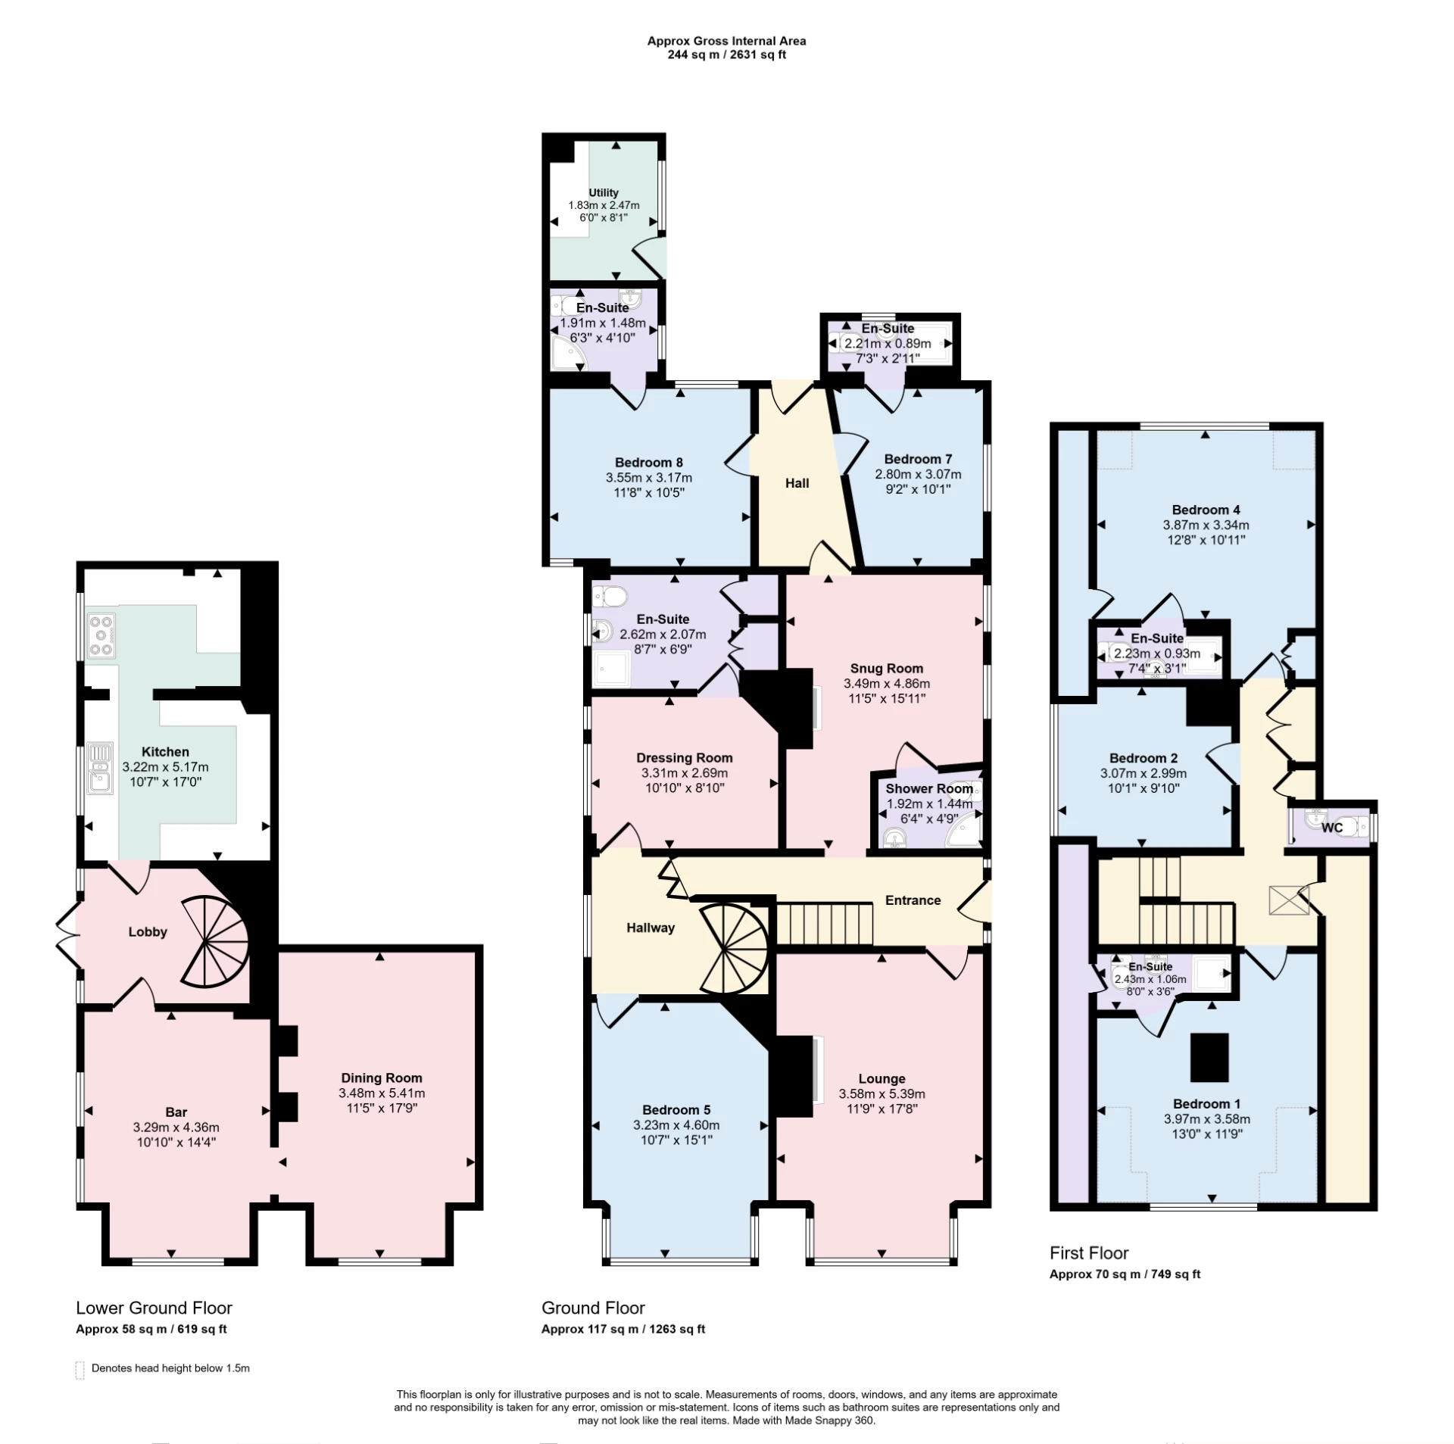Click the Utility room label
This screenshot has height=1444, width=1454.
click(x=604, y=192)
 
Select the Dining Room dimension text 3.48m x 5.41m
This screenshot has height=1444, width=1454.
click(x=382, y=1093)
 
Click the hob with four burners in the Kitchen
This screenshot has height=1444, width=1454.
click(x=101, y=635)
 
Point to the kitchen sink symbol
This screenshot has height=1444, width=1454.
click(x=100, y=767)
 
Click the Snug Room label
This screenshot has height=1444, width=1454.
click(x=886, y=668)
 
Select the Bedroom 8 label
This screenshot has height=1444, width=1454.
click(x=648, y=462)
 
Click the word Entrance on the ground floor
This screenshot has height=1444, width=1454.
click(x=913, y=900)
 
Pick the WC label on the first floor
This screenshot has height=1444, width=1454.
click(x=1331, y=828)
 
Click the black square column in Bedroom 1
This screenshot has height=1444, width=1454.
click(x=1209, y=1058)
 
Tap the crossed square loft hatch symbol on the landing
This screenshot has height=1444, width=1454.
click(x=1289, y=901)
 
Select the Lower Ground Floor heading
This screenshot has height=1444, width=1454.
click(x=154, y=1308)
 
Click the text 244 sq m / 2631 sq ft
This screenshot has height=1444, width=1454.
click(x=726, y=55)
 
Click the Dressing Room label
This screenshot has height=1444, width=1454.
click(x=684, y=757)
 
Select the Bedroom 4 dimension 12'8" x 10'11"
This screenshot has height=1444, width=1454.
click(x=1206, y=540)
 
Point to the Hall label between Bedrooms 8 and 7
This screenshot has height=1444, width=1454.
click(x=797, y=483)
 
